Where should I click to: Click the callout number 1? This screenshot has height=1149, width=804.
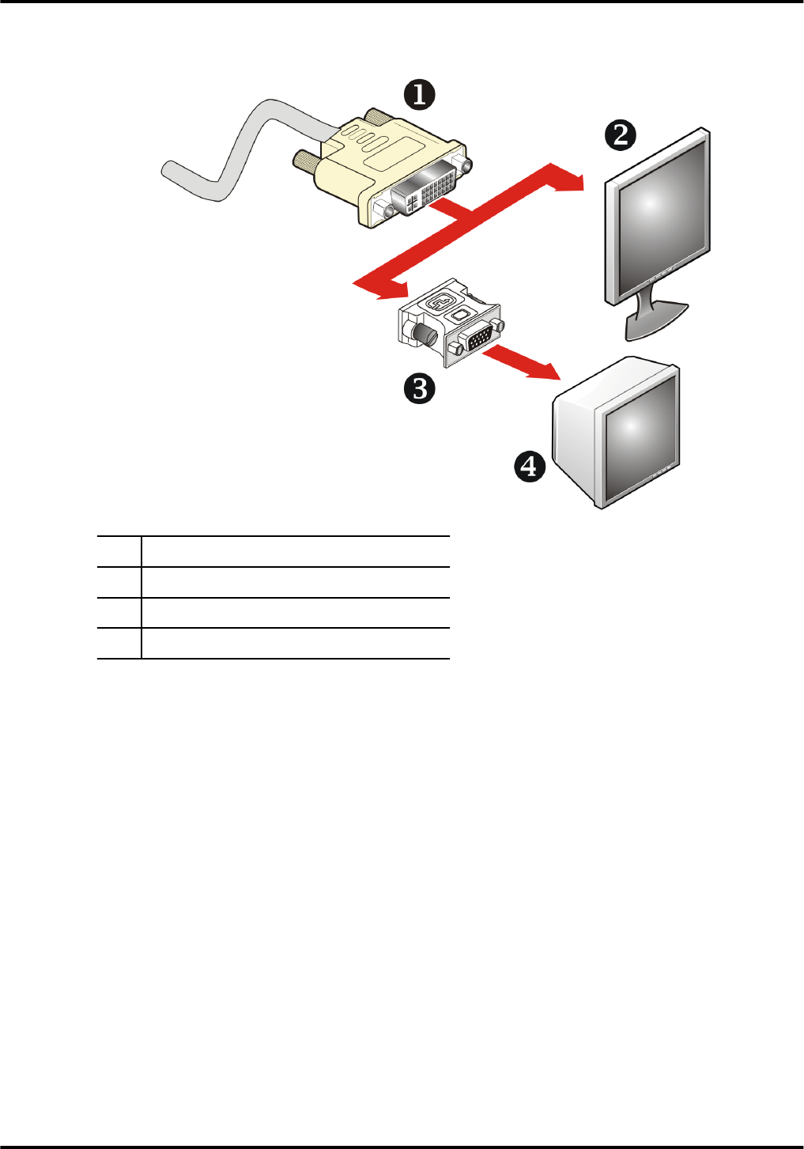[x=420, y=95]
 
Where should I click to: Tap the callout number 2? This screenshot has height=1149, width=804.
[x=621, y=134]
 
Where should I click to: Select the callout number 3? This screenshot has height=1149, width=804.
[x=419, y=389]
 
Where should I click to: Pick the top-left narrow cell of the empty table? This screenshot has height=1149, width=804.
[x=119, y=551]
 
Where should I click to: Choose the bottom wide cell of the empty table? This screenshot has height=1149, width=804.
[x=295, y=643]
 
